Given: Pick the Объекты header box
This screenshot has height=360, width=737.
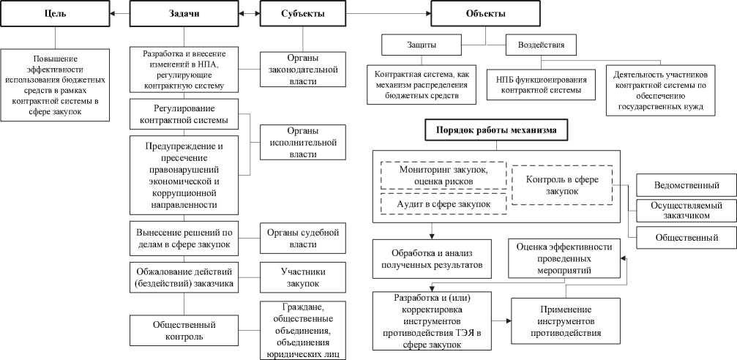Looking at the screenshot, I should [484, 14].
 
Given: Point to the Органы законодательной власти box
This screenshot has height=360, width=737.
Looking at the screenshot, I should [302, 70].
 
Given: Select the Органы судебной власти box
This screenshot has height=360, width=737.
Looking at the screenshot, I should [302, 238].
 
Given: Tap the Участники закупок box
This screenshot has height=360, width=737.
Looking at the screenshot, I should [302, 277].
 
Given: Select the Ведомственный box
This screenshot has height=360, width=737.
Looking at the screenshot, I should [686, 185].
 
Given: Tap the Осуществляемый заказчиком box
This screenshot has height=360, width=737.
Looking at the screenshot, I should [686, 211].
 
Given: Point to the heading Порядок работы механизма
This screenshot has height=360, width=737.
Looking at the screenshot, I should [492, 131].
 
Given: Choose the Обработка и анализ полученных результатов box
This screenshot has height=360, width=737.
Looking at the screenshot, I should [431, 258].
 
